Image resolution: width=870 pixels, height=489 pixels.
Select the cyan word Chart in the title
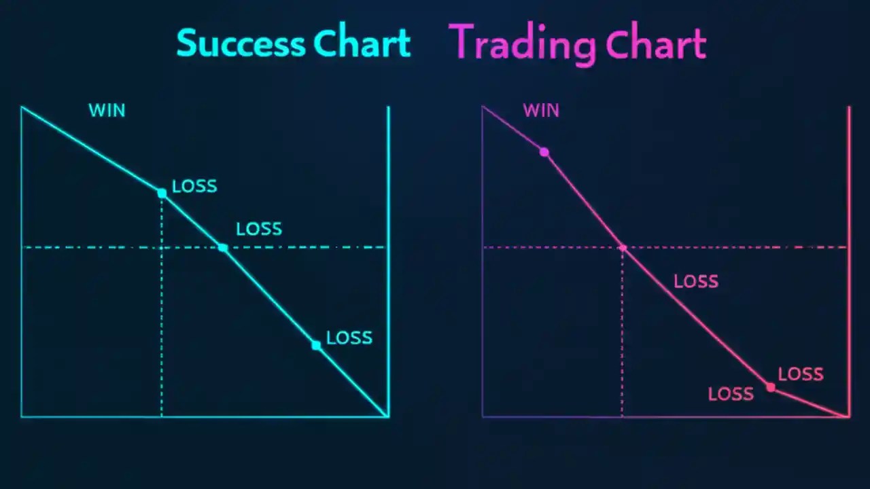363,43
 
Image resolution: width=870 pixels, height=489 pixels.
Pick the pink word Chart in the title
656,45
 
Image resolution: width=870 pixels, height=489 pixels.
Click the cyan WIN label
107,111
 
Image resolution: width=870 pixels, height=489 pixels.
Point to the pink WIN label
541,111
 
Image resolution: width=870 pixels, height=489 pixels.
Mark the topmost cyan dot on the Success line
162,193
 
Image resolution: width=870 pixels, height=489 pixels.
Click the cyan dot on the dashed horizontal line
223,247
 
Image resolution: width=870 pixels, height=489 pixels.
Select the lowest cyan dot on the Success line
316,345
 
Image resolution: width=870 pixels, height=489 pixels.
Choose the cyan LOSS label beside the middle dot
259,230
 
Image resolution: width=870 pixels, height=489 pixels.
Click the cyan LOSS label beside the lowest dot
349,338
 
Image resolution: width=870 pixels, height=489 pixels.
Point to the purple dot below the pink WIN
544,152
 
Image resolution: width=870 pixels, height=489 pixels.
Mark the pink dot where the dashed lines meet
623,247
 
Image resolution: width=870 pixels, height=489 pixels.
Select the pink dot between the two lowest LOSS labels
770,387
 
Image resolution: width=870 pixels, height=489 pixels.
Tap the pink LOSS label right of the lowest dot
801,374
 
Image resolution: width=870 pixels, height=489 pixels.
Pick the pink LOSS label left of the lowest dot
731,394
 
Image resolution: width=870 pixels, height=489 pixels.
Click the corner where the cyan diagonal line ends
387,416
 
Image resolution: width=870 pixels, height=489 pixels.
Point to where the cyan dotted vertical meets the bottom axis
162,416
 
